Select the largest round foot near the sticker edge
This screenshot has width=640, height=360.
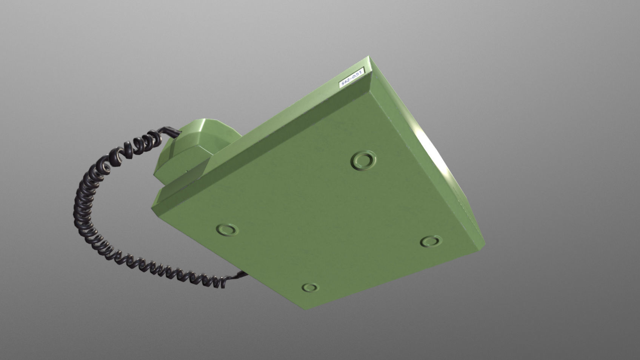pyautogui.click(x=363, y=160)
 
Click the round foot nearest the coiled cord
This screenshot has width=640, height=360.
pyautogui.click(x=228, y=229)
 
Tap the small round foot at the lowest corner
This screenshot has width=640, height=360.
pyautogui.click(x=310, y=288)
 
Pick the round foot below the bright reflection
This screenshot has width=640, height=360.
pyautogui.click(x=431, y=241)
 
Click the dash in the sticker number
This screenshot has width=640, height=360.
pyautogui.click(x=351, y=78)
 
